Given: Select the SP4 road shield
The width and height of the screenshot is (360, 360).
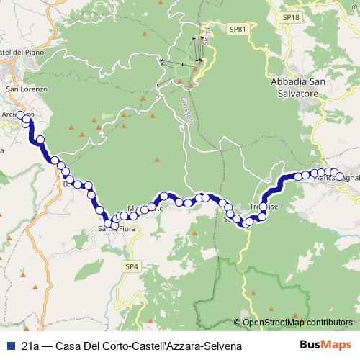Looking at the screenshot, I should click(131, 266).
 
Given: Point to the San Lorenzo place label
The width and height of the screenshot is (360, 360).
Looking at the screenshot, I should click(27, 89).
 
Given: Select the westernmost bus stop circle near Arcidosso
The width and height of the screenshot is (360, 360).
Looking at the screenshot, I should click(20, 115).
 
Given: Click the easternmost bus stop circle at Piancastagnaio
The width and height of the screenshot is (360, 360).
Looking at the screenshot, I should click(340, 175).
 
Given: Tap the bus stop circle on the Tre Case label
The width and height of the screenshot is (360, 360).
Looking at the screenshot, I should click(263, 207).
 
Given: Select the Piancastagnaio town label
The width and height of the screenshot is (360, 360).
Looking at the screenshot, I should click(338, 178).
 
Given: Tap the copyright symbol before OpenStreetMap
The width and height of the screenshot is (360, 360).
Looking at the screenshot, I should click(237, 323).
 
